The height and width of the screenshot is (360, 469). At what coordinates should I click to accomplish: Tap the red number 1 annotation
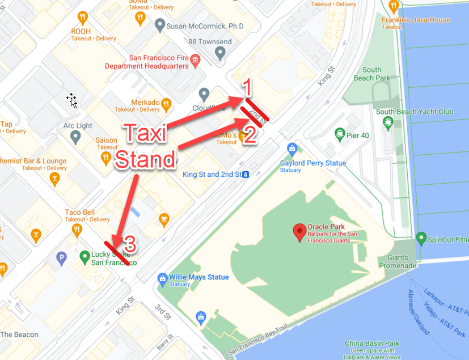click(x=247, y=87)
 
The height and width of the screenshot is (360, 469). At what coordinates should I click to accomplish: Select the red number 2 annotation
click(x=250, y=135)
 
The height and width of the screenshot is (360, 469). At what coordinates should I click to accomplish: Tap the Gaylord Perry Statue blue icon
click(x=292, y=149)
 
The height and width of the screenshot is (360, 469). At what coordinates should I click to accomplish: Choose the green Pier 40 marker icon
click(x=340, y=134)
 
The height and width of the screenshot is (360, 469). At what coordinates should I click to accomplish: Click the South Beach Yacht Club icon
click(x=388, y=122)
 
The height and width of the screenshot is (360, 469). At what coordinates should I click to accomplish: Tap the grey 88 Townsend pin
click(x=221, y=53)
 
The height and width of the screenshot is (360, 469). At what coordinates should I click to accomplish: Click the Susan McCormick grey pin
click(x=160, y=26)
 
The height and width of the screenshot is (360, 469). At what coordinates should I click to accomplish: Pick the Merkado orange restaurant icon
click(x=166, y=104)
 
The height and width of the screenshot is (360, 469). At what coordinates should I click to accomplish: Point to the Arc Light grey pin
click(x=75, y=137)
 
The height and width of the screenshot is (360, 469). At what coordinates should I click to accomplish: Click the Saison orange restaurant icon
click(x=105, y=160)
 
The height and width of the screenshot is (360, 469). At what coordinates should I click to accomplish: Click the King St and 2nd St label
click(x=213, y=174)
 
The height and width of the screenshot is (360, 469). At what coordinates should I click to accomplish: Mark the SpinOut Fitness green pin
click(x=421, y=238)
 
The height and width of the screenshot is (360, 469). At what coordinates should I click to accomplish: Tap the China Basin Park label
click(x=372, y=343)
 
